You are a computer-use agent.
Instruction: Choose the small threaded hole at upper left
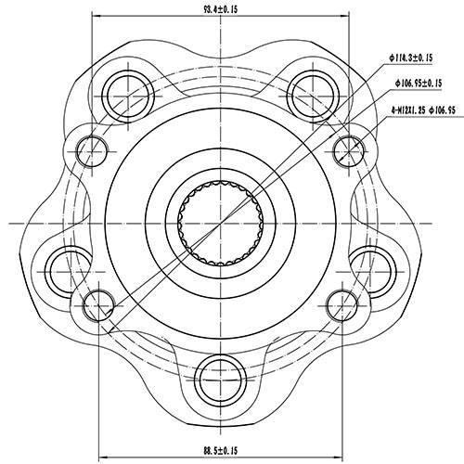91,146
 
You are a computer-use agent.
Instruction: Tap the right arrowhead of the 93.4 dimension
345,18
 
